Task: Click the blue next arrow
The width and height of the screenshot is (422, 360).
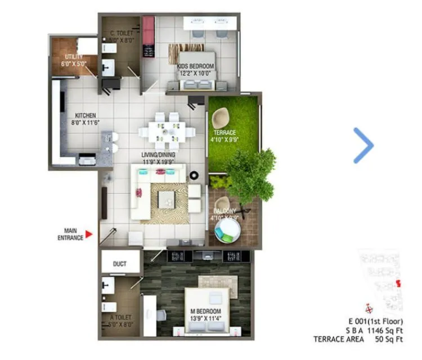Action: [x=364, y=146]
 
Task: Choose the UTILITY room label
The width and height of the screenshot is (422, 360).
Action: [x=74, y=57]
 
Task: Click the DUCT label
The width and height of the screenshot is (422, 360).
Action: [x=119, y=264]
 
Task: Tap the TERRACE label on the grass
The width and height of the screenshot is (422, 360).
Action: [x=225, y=133]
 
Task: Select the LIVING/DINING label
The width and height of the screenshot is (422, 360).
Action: [x=158, y=155]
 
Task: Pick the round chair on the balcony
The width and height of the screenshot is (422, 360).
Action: [x=228, y=229]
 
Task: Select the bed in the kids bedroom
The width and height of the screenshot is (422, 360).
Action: [x=197, y=76]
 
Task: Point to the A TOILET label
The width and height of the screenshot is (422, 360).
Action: [x=116, y=319]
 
